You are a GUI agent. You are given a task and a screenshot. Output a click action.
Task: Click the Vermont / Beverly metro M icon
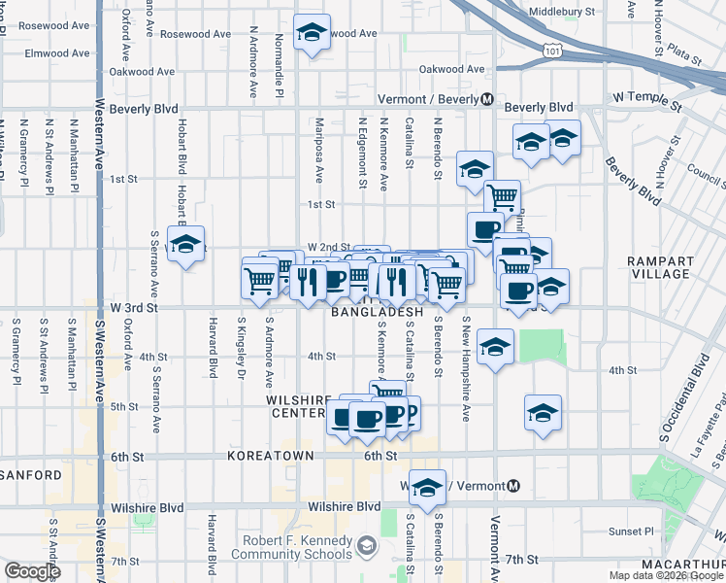click(488, 100)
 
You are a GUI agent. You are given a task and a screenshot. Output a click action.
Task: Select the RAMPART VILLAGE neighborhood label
click(660, 268)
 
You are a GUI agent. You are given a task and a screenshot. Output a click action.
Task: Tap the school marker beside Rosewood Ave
click(312, 31)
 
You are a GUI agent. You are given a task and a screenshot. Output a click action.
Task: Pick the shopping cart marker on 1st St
click(502, 196)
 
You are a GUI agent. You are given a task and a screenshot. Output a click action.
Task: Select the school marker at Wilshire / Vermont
click(426, 486)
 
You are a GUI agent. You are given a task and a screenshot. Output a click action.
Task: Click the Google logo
click(32, 571)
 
